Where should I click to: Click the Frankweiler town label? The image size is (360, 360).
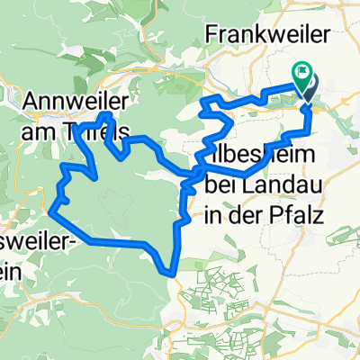[262, 33]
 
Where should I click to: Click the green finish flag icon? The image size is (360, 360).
[301, 78]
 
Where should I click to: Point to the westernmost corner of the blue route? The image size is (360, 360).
[53, 211]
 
